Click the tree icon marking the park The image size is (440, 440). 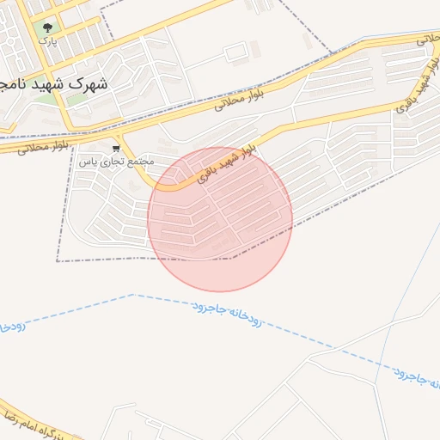coord(46,28)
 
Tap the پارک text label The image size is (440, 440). coord(46,40)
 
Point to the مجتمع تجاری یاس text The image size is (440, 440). coord(117,161)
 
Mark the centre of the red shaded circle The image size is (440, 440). coord(220,219)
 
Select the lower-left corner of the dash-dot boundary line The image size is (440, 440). coord(58,260)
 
